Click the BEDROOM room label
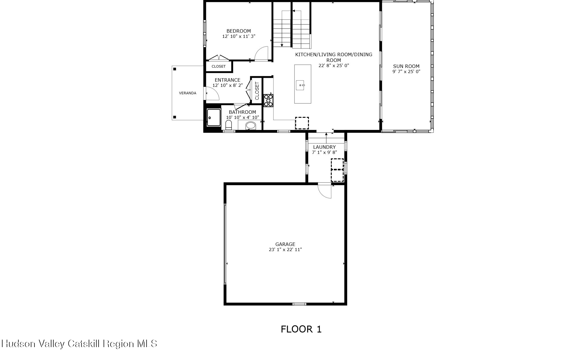pos(238,31)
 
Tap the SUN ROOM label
pos(406,66)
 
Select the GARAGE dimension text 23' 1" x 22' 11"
pos(285,250)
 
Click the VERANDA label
pos(187,93)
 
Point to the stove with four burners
pos(268,101)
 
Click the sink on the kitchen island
pos(301,85)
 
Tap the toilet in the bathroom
pos(228,125)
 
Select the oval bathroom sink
pos(251,125)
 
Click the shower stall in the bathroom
pos(213,118)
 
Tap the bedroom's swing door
pos(262,54)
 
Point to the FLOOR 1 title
pos(301,329)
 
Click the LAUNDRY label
pos(324,147)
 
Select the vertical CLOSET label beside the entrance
pos(257,91)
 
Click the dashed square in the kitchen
pos(302,123)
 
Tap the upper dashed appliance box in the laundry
pos(337,164)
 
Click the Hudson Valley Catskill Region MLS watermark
pos(79,344)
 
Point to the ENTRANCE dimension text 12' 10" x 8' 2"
pos(227,85)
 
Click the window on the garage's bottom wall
pos(299,304)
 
